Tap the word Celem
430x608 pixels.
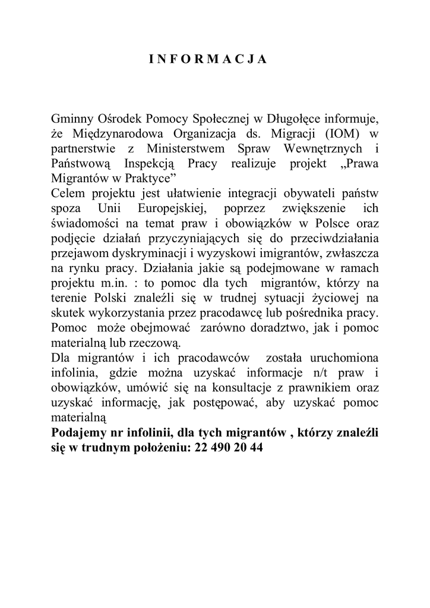click(x=69, y=194)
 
